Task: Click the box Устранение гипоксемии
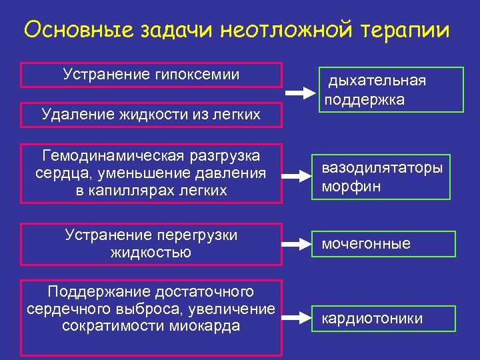(151, 75)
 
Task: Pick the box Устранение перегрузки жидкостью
(151, 244)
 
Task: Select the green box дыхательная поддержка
(390, 90)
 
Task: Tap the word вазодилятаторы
(382, 168)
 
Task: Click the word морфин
(351, 186)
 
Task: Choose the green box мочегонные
(385, 244)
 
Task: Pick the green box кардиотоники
(385, 319)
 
